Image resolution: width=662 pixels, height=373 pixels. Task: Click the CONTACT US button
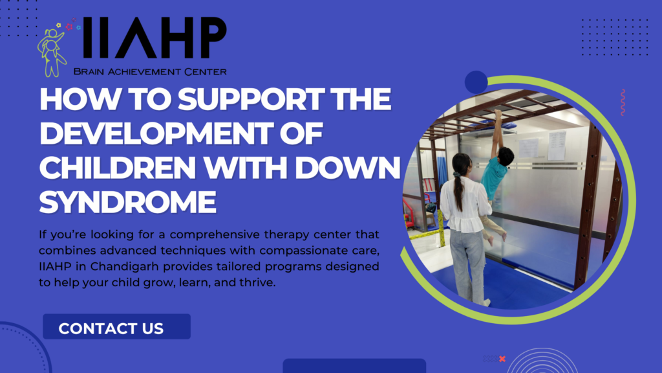coord(116,326)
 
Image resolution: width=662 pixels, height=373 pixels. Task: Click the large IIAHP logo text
coord(155,38)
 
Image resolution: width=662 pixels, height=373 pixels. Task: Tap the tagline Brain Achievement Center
coord(150,71)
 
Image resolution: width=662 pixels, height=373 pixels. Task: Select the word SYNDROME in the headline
coord(127,202)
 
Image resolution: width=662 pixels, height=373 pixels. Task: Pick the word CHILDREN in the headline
coord(118,168)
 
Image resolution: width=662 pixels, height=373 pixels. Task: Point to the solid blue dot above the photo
coord(476,82)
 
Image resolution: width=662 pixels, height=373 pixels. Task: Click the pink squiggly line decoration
coord(623,102)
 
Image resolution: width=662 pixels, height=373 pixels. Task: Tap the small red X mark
coord(502,359)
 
